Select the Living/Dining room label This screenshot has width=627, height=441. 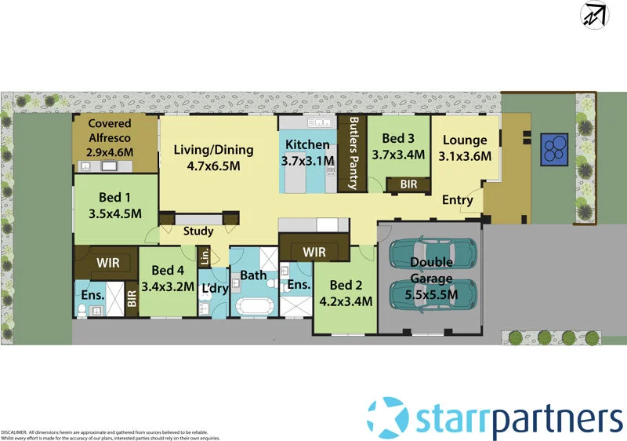click(213, 158)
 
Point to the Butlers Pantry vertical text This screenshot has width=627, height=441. click(353, 154)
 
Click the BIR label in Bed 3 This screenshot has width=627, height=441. click(408, 184)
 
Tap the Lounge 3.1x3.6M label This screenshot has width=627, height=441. click(465, 148)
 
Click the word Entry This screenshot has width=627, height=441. click(458, 200)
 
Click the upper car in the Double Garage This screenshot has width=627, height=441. click(432, 253)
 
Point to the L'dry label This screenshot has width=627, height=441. click(213, 290)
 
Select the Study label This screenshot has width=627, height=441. click(198, 231)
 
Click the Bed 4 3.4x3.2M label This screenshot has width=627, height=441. click(166, 279)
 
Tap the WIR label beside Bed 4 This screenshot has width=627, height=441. click(107, 263)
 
